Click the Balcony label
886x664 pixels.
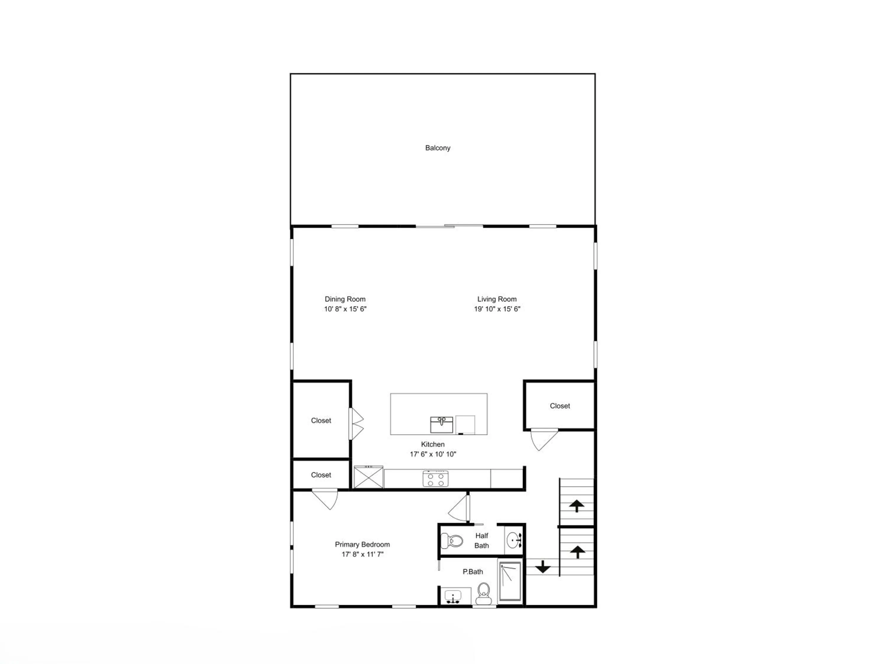438,148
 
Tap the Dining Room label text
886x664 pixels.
345,299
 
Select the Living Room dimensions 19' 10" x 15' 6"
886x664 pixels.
497,309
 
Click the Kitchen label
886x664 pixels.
433,444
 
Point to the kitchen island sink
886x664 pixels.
442,425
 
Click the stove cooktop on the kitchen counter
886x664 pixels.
435,479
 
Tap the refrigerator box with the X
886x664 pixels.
369,477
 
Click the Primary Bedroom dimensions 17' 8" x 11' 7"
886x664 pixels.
362,554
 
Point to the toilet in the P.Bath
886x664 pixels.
483,593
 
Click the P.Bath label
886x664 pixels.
473,572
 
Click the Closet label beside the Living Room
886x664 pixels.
560,406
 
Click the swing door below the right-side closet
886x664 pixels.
543,439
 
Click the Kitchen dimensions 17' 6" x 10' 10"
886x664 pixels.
433,454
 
